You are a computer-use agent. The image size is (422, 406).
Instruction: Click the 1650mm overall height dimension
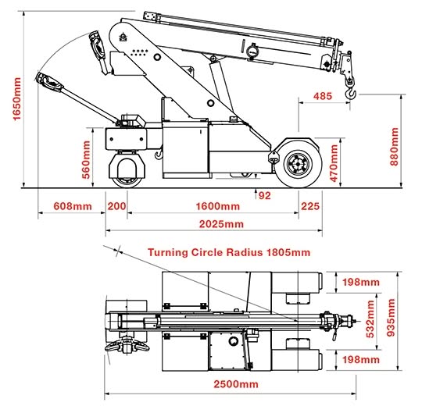click(17, 99)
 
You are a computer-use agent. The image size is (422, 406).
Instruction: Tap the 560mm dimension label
click(86, 160)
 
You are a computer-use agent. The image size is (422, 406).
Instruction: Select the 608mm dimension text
click(73, 206)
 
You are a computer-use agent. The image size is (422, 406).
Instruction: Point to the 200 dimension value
click(116, 206)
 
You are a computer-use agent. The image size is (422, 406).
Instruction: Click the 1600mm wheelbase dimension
click(218, 206)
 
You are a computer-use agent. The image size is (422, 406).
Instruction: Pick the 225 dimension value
click(310, 206)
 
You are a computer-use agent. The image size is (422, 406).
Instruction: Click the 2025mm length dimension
click(221, 224)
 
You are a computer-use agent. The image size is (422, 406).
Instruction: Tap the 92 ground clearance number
click(265, 195)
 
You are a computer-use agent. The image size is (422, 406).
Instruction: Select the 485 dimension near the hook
click(323, 96)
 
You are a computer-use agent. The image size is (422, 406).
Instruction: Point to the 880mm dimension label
click(394, 147)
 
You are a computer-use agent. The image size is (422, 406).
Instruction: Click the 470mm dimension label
click(334, 163)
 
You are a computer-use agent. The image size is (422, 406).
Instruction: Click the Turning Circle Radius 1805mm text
click(229, 252)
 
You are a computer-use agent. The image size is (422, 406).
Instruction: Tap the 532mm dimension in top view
click(370, 319)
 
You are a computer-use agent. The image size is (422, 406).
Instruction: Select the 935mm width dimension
click(391, 318)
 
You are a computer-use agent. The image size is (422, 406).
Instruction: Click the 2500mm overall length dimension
click(236, 384)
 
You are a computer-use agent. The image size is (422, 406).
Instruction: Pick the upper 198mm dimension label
click(360, 282)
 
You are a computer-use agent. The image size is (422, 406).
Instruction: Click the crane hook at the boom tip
click(350, 93)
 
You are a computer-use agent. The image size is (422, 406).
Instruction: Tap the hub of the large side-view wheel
click(299, 163)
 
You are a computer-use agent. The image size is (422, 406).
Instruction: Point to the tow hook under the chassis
click(159, 155)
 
